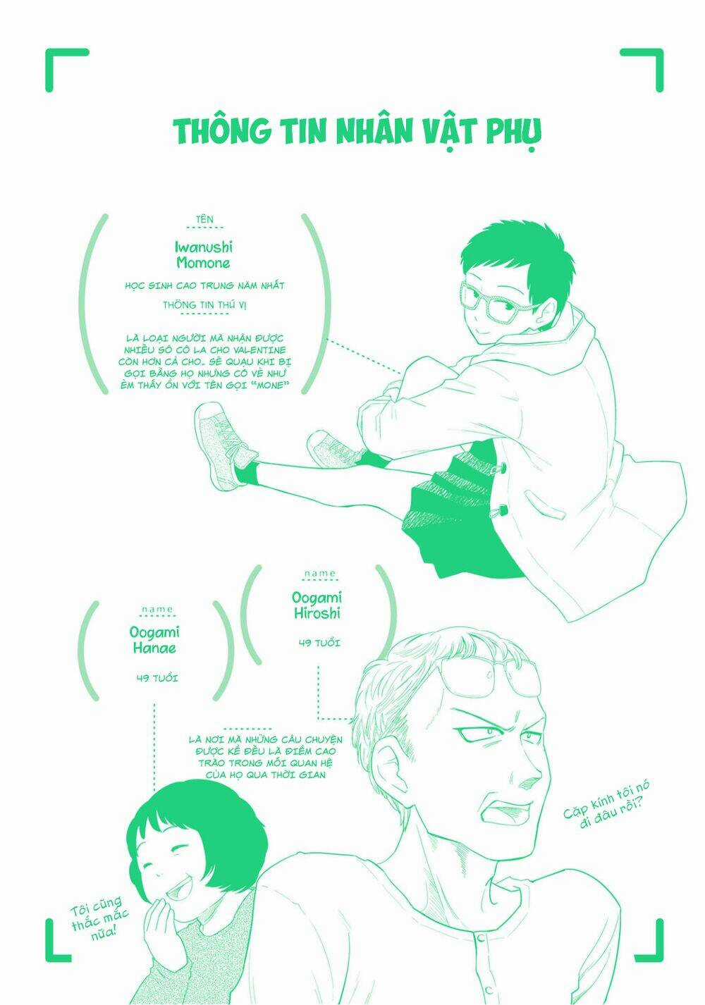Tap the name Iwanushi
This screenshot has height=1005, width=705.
204,247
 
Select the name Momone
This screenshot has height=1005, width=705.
203,262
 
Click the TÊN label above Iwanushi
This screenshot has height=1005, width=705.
204,219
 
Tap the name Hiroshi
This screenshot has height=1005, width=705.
317,613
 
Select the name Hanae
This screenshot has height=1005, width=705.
154,648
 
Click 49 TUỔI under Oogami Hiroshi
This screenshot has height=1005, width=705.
319,643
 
